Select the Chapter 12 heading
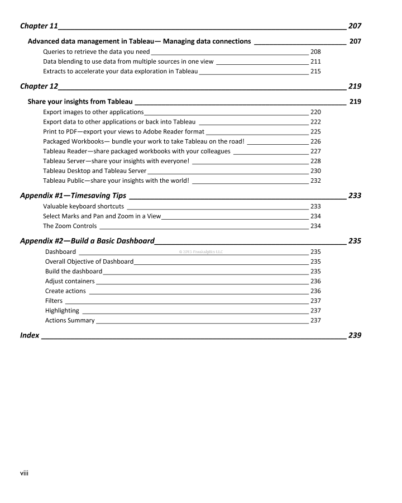(39, 86)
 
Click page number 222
(315, 122)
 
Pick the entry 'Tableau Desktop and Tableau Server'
(94, 170)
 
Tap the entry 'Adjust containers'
(70, 281)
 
